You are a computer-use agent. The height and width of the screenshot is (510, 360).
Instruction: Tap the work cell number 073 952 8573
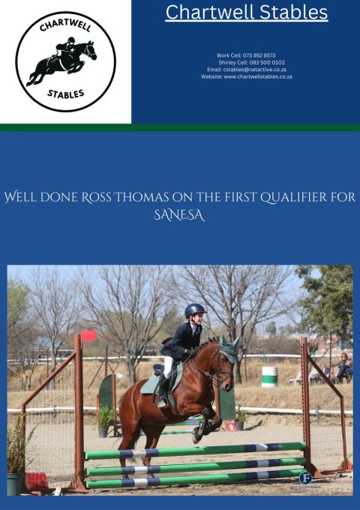[259, 55]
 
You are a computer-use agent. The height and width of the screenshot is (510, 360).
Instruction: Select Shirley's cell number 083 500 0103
[262, 62]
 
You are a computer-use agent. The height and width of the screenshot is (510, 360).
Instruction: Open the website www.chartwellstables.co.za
[258, 76]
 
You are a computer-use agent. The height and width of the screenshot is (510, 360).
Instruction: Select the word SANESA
[179, 214]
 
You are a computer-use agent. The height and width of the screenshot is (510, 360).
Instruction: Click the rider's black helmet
[195, 310]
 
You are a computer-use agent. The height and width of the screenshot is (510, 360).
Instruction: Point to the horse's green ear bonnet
[229, 350]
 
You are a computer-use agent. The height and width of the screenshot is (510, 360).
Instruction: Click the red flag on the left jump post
[89, 336]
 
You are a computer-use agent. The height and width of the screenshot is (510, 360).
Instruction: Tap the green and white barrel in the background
[269, 376]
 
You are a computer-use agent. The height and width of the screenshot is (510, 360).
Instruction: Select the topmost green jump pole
[195, 450]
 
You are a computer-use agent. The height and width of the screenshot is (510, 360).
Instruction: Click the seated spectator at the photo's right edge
[343, 367]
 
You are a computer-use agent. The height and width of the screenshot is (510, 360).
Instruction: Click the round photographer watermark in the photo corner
[304, 478]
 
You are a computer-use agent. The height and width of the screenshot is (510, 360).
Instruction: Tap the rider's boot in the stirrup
[163, 402]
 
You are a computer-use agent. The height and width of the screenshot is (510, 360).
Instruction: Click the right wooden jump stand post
[306, 405]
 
